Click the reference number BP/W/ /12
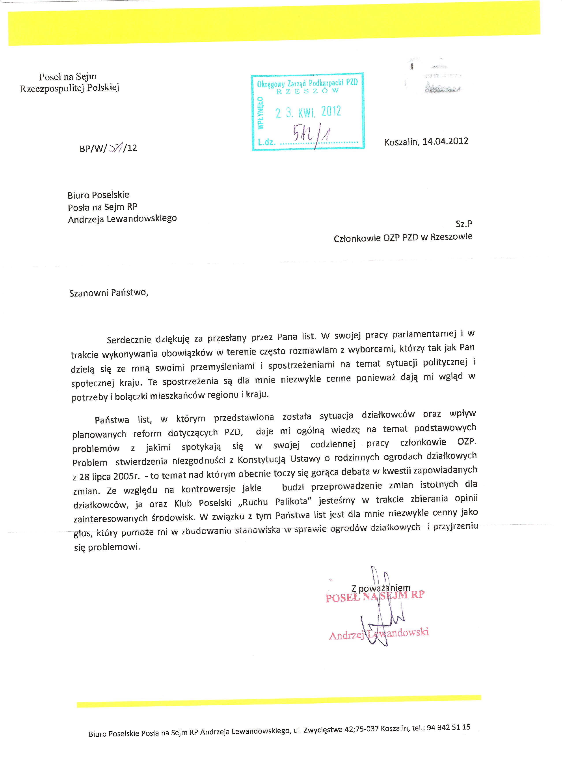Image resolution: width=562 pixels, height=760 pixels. point(108,148)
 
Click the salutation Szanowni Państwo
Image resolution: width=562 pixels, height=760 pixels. point(109,293)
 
